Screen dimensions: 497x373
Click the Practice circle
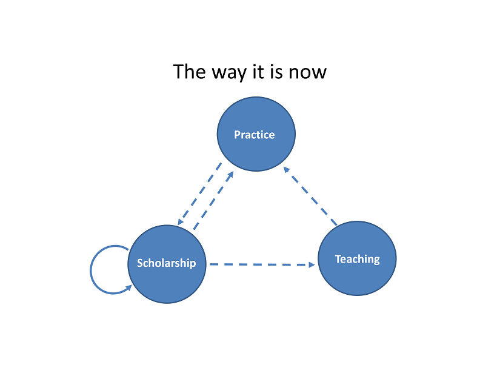tap(256, 134)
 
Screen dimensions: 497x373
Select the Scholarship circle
tap(167, 264)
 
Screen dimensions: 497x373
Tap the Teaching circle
tap(357, 258)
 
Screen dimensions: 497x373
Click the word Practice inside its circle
tap(254, 135)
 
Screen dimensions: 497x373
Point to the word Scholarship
tap(167, 263)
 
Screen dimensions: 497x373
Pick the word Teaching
tap(357, 259)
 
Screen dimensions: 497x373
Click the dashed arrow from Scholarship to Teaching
tap(262, 264)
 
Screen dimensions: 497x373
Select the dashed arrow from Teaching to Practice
tap(310, 196)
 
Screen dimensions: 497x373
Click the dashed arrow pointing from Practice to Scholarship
tap(199, 194)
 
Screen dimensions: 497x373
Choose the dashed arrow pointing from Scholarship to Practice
tap(213, 200)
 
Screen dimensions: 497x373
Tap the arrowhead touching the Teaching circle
tap(312, 264)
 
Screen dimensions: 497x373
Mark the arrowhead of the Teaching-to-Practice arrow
tap(286, 169)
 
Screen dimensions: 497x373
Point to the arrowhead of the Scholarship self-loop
tap(129, 287)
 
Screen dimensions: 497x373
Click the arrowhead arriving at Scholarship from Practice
tap(180, 222)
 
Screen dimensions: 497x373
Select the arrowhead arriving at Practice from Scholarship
tap(231, 174)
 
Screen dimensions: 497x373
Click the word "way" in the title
tap(228, 73)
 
